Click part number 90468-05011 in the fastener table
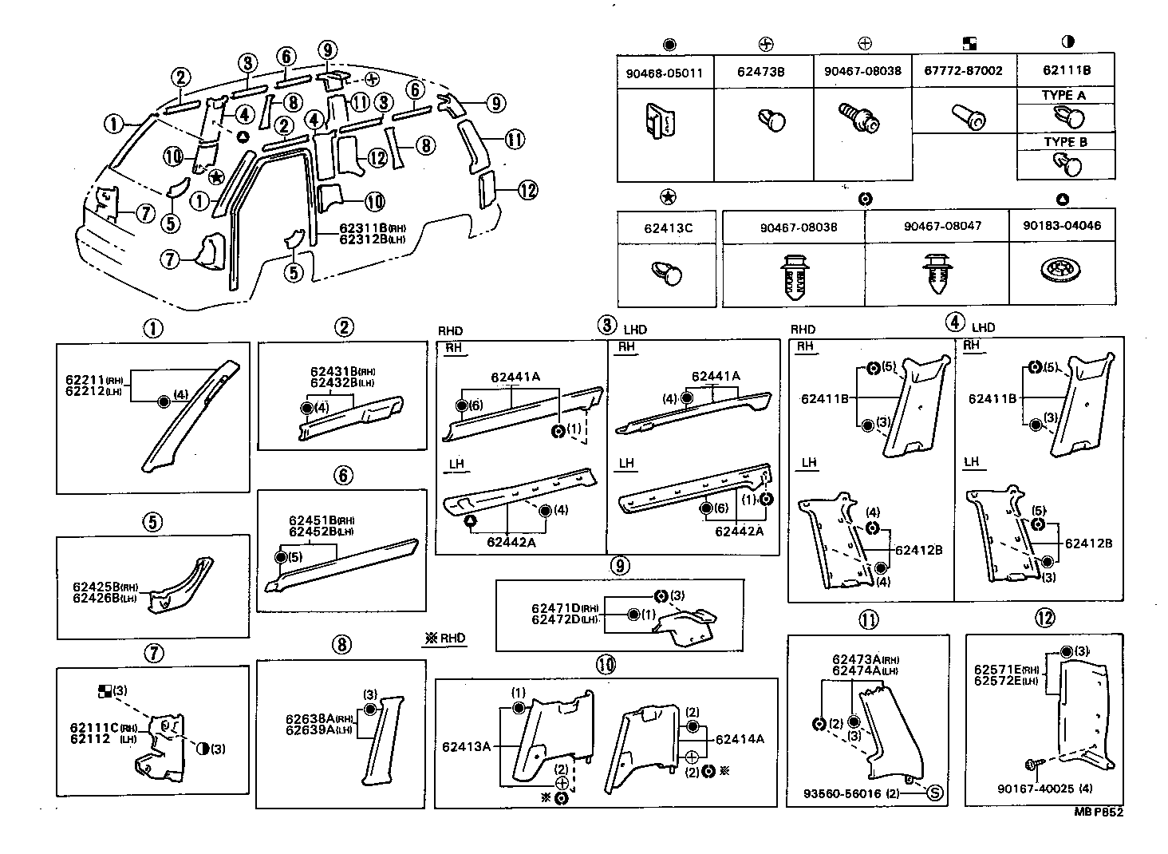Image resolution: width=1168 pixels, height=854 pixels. (664, 73)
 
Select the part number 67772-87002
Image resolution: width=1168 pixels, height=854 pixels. (963, 71)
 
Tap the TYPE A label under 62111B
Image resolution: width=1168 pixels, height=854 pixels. (1064, 95)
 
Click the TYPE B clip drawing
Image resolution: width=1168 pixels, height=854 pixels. (1067, 166)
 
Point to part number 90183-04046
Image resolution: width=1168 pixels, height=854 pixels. (1062, 226)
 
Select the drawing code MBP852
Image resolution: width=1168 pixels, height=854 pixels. (1098, 812)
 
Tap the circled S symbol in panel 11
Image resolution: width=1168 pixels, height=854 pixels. (935, 793)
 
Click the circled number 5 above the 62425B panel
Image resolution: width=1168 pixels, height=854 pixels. (152, 522)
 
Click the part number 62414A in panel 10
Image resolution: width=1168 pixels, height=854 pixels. (740, 739)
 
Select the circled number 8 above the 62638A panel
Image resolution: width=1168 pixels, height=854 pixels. (341, 645)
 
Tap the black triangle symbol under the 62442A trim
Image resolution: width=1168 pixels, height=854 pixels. (471, 521)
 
